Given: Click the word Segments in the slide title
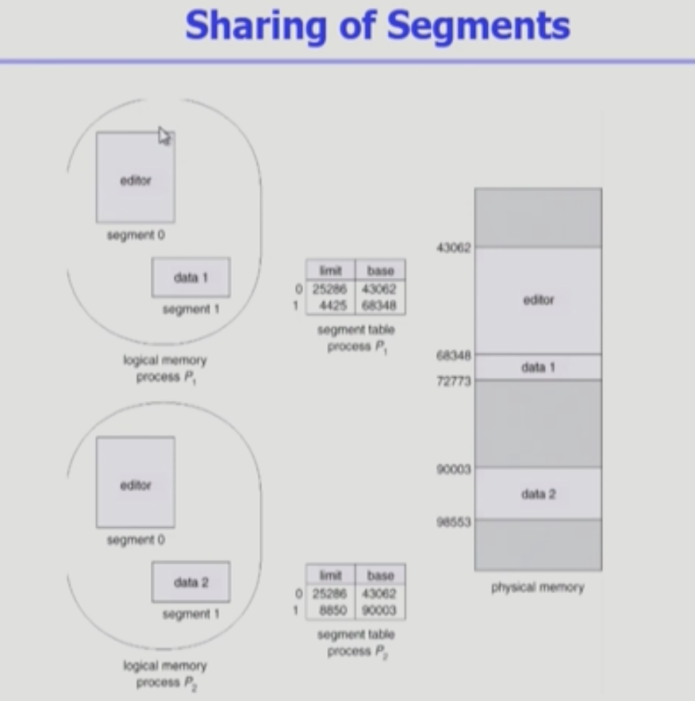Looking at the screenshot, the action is click(478, 25).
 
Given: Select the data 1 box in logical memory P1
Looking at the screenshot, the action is click(190, 277).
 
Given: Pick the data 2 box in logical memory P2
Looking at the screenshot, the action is click(190, 582).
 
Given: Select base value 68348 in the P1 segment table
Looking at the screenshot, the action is click(380, 306).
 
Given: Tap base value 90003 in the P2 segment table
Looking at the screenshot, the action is click(380, 610).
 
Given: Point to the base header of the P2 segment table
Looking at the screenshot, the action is click(380, 576).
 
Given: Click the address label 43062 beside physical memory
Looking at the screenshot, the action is click(453, 248).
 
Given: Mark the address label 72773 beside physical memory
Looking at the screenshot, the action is click(453, 381).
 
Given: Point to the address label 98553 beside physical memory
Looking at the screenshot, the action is click(453, 522).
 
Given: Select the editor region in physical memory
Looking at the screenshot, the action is click(538, 300).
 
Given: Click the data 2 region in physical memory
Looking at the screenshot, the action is click(538, 494).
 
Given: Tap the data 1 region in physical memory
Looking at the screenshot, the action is click(538, 368).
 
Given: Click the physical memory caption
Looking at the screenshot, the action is click(537, 587).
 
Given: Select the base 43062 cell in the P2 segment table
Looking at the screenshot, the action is click(380, 593).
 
